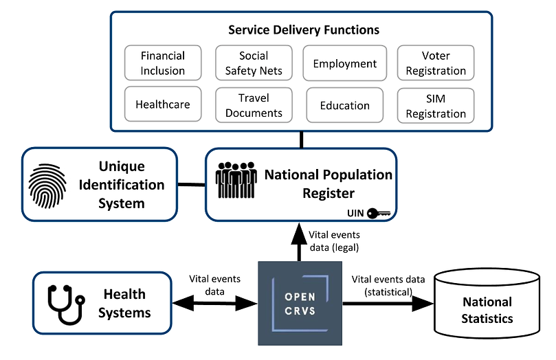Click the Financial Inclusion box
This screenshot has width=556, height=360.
[x=164, y=63]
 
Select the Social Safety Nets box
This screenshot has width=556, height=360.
[x=254, y=63]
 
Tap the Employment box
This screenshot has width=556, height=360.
[x=344, y=64]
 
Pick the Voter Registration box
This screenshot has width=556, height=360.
[x=436, y=63]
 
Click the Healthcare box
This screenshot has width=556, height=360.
[x=163, y=104]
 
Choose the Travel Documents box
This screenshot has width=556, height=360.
[x=254, y=105]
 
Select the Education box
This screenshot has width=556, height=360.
[x=344, y=105]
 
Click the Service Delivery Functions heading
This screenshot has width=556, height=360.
[x=303, y=30]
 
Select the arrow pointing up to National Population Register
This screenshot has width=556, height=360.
[x=299, y=242]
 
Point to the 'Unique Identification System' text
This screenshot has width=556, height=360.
[x=122, y=184]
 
